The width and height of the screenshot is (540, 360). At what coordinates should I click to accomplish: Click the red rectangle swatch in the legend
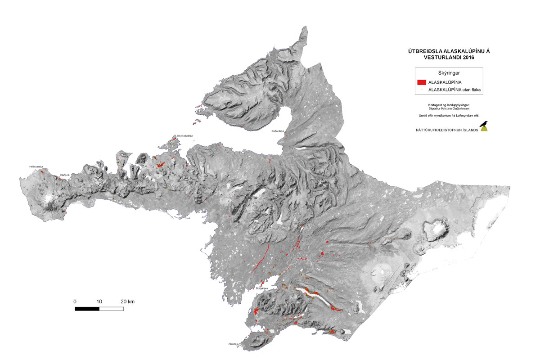(422, 82)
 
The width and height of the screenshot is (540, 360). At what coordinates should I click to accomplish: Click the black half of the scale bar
(87, 309)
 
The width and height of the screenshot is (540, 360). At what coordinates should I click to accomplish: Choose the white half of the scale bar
(111, 309)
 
